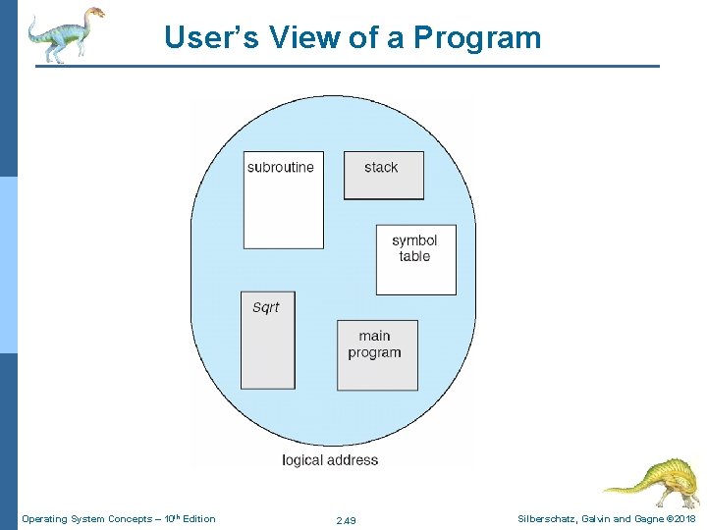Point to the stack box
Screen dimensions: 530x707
coord(383,176)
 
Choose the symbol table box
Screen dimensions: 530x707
coord(415,260)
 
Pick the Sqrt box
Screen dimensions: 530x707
coord(267,340)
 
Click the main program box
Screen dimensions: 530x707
coord(377,354)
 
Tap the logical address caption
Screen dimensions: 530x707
coord(330,459)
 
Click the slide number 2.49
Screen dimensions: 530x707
coord(346,519)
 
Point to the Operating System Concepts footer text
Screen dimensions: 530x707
coord(118,518)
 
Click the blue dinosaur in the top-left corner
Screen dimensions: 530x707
coord(65,33)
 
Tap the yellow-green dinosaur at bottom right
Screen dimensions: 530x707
coord(652,482)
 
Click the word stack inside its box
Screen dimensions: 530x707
coord(381,167)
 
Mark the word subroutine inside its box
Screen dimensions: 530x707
coord(281,167)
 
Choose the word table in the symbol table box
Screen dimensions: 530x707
coord(414,256)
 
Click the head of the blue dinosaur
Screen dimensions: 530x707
coord(94,13)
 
